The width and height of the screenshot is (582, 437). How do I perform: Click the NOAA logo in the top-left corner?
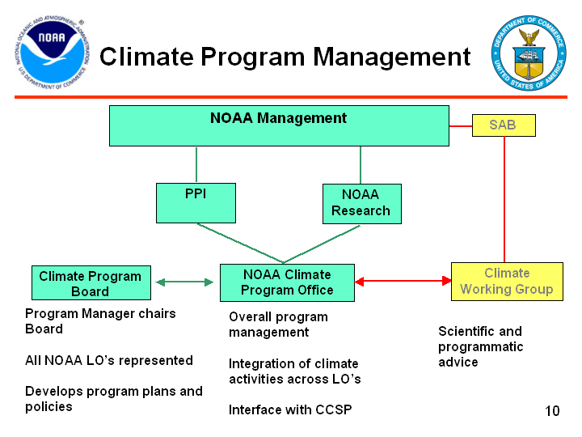(50, 53)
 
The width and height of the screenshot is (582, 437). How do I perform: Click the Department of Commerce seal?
(529, 53)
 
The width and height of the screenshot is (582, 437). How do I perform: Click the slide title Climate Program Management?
(285, 57)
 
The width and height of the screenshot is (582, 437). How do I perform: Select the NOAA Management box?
(279, 125)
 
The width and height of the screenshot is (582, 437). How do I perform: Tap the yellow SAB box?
(503, 125)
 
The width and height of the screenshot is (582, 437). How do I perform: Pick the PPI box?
(196, 202)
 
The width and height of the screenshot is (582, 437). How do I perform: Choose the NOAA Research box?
(361, 203)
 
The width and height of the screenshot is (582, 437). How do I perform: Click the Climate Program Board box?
(90, 282)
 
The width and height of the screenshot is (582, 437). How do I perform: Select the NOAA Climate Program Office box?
(287, 282)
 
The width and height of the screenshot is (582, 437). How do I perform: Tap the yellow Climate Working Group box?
(507, 281)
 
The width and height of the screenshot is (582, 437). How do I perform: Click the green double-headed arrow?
(184, 282)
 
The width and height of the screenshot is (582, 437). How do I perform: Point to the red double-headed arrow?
(403, 282)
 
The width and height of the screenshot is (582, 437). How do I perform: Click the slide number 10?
(552, 411)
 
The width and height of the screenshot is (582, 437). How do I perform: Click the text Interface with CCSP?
(290, 409)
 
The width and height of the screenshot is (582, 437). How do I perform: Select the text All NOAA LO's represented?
(109, 360)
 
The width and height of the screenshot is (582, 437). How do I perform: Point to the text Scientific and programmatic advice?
(480, 346)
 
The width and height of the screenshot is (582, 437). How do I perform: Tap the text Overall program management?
(278, 324)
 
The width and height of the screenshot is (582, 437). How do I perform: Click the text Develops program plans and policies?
(113, 398)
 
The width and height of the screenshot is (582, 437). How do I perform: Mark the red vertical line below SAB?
(504, 198)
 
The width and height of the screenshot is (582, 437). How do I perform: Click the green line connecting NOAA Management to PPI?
(196, 164)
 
